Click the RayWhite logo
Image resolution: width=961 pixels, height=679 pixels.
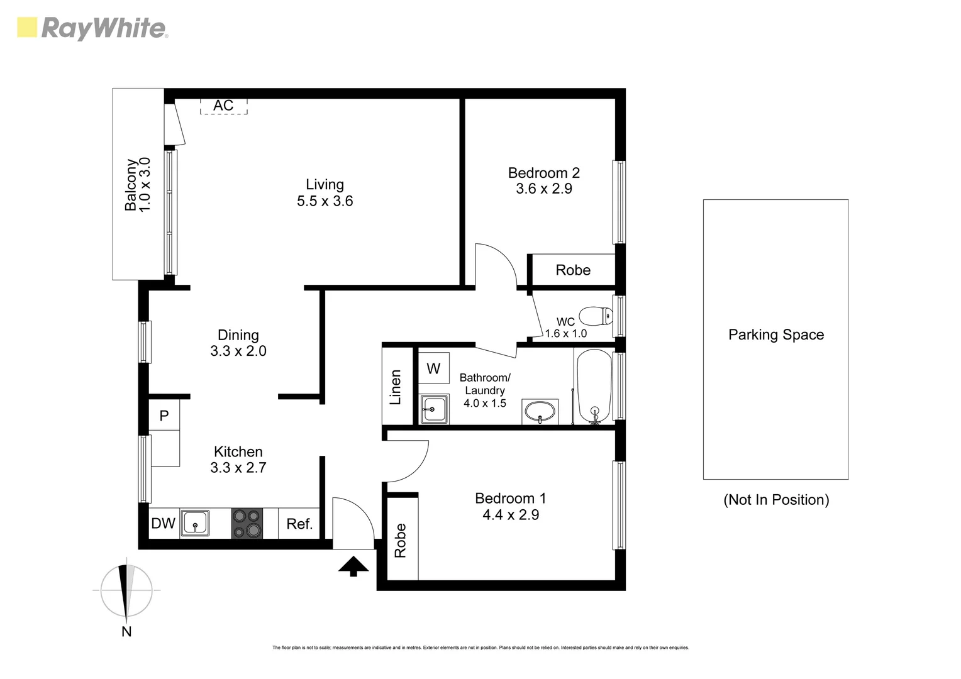[92, 29]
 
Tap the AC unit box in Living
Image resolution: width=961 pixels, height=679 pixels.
[223, 106]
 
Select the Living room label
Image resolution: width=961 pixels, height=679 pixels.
[325, 184]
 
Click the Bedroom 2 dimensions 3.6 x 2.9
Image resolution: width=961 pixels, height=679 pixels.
[544, 189]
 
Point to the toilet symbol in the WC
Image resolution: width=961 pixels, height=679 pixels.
[595, 315]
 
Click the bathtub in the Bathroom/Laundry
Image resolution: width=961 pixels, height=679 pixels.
[593, 386]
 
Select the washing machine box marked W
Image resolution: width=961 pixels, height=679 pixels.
[434, 368]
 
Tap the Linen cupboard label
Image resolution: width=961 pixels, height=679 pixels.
[396, 387]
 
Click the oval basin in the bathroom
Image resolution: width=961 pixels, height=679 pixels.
[540, 412]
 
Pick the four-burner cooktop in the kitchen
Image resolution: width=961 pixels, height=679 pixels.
[247, 523]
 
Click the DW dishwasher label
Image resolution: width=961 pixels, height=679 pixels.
[164, 523]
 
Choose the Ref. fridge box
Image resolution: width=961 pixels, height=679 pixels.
[299, 524]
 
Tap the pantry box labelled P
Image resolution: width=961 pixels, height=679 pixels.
[164, 416]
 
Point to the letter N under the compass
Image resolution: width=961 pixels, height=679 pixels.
[126, 632]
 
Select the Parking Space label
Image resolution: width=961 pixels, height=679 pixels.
[775, 334]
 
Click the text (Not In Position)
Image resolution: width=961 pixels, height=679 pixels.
[775, 500]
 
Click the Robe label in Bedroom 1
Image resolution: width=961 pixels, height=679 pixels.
[401, 540]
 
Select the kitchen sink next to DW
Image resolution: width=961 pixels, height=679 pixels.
[196, 523]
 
